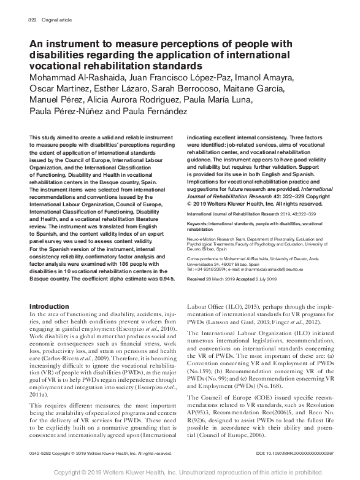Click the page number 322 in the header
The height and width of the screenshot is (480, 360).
(33, 20)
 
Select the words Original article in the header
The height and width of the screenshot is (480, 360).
(56, 20)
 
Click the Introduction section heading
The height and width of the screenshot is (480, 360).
(52, 306)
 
